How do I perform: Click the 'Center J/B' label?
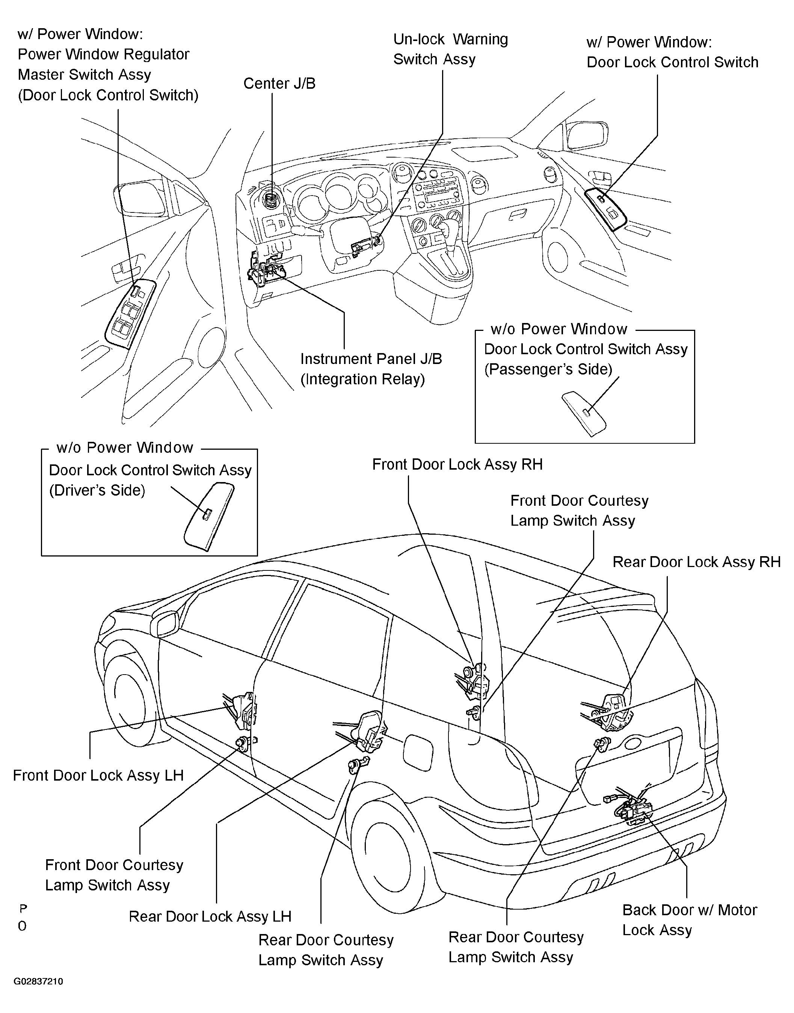point(279,83)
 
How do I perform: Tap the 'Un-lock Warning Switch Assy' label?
point(450,49)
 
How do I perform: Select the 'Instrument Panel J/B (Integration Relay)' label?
point(370,369)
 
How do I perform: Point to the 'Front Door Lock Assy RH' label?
point(457,464)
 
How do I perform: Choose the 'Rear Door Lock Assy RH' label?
point(696,562)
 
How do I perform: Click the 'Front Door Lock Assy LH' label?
point(98,775)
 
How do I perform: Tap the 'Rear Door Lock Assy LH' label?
point(210,916)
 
